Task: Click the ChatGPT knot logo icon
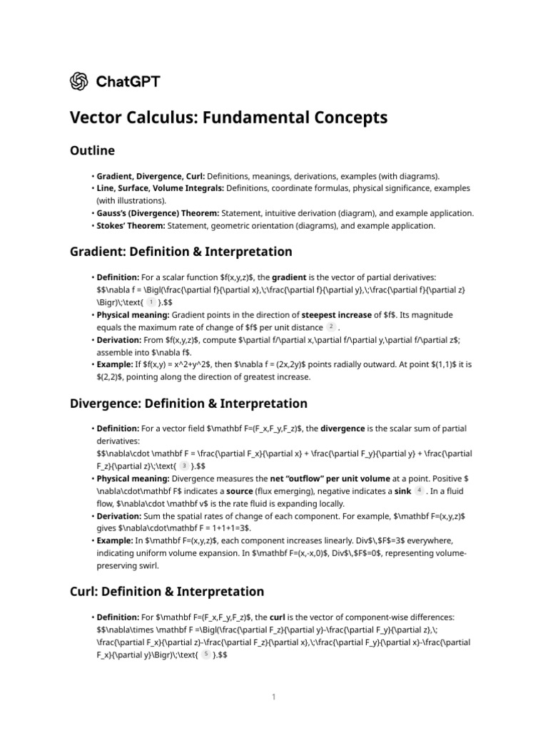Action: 79,81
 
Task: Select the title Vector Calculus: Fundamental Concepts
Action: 228,118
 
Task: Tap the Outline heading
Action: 92,150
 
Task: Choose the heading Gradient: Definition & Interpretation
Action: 181,252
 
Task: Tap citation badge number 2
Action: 330,327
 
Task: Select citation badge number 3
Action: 184,466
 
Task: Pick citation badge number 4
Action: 419,491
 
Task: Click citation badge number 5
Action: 206,654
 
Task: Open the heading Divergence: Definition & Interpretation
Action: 188,403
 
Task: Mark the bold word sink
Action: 401,492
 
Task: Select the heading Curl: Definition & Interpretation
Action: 166,592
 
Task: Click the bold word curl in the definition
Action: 278,617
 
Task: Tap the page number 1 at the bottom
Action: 273,696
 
